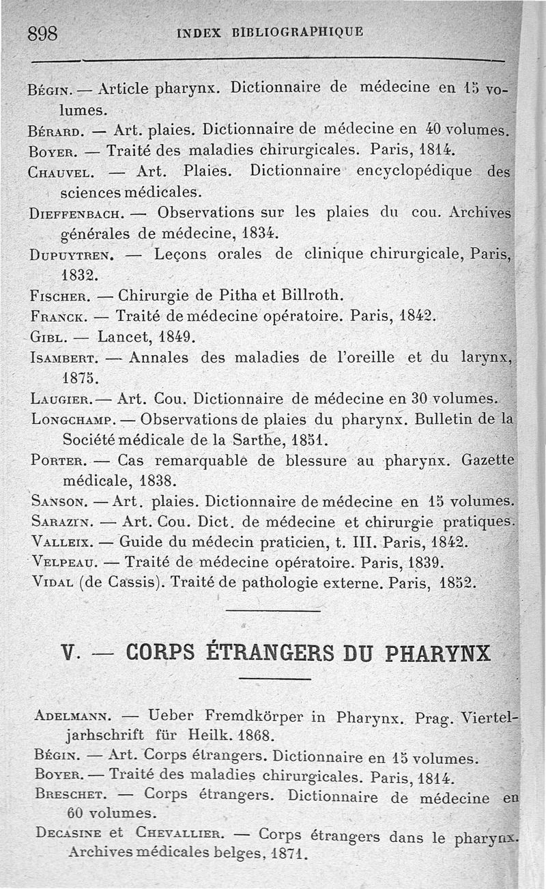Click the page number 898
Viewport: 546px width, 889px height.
coord(42,33)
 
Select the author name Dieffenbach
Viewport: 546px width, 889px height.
coord(75,214)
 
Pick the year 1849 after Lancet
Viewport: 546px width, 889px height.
coord(176,337)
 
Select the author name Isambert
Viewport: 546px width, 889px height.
coord(66,357)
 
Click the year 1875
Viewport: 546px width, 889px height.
coord(80,378)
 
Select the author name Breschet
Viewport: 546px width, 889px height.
coord(68,796)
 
